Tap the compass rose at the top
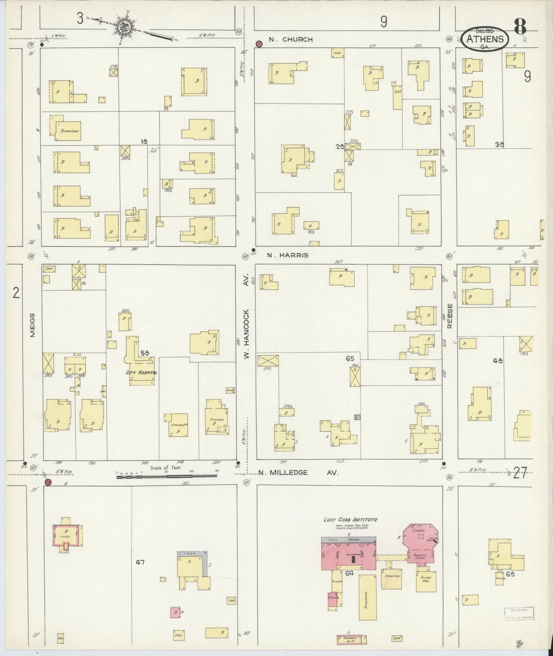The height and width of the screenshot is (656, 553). point(126,26)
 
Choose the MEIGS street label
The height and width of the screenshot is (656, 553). point(33,325)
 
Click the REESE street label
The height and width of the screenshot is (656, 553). point(450,316)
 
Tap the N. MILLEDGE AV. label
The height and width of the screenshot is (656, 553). point(299,473)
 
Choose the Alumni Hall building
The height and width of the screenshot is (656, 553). point(426,581)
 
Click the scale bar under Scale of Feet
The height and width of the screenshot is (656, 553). point(166,476)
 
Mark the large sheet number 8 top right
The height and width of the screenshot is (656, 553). point(520,26)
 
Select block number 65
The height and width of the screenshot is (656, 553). point(349,359)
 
